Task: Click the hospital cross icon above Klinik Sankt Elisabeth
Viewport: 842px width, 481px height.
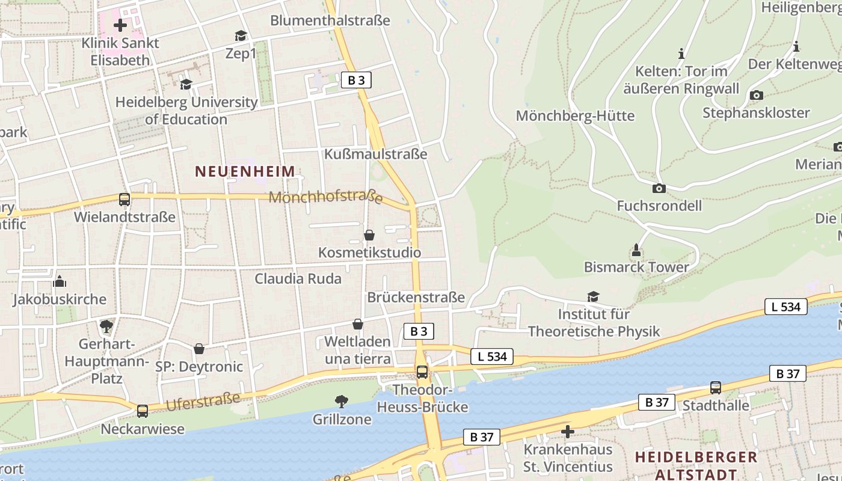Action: click(x=120, y=25)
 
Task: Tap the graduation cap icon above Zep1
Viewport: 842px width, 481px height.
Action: click(x=241, y=36)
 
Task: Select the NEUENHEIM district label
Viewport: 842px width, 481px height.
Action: click(x=245, y=171)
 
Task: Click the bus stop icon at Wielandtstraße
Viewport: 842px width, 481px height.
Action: click(x=124, y=200)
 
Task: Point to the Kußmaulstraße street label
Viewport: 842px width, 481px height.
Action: click(x=375, y=154)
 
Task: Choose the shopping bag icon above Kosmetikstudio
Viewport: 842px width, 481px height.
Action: click(x=369, y=235)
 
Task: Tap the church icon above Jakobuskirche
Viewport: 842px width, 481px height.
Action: click(x=60, y=281)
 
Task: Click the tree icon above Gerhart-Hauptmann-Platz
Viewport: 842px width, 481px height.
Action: click(x=106, y=326)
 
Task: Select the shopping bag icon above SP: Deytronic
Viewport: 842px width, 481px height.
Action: click(x=199, y=349)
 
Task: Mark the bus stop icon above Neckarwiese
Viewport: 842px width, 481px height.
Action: click(x=143, y=411)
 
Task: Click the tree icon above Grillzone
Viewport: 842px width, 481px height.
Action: click(x=342, y=401)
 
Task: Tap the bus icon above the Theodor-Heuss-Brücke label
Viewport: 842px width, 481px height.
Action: click(x=422, y=372)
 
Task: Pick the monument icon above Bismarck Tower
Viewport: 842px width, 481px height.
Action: click(x=636, y=250)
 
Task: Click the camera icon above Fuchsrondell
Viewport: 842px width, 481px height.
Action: click(x=659, y=188)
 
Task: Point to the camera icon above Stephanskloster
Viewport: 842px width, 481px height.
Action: click(x=757, y=95)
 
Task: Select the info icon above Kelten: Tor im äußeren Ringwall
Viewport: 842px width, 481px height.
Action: click(x=681, y=54)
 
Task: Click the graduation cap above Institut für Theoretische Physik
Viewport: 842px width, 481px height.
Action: click(x=594, y=296)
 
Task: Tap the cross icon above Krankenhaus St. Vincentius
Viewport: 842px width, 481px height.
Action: click(x=567, y=432)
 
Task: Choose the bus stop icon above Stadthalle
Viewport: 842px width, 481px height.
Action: click(x=716, y=388)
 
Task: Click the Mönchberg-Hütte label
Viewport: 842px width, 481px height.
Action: click(x=575, y=115)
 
